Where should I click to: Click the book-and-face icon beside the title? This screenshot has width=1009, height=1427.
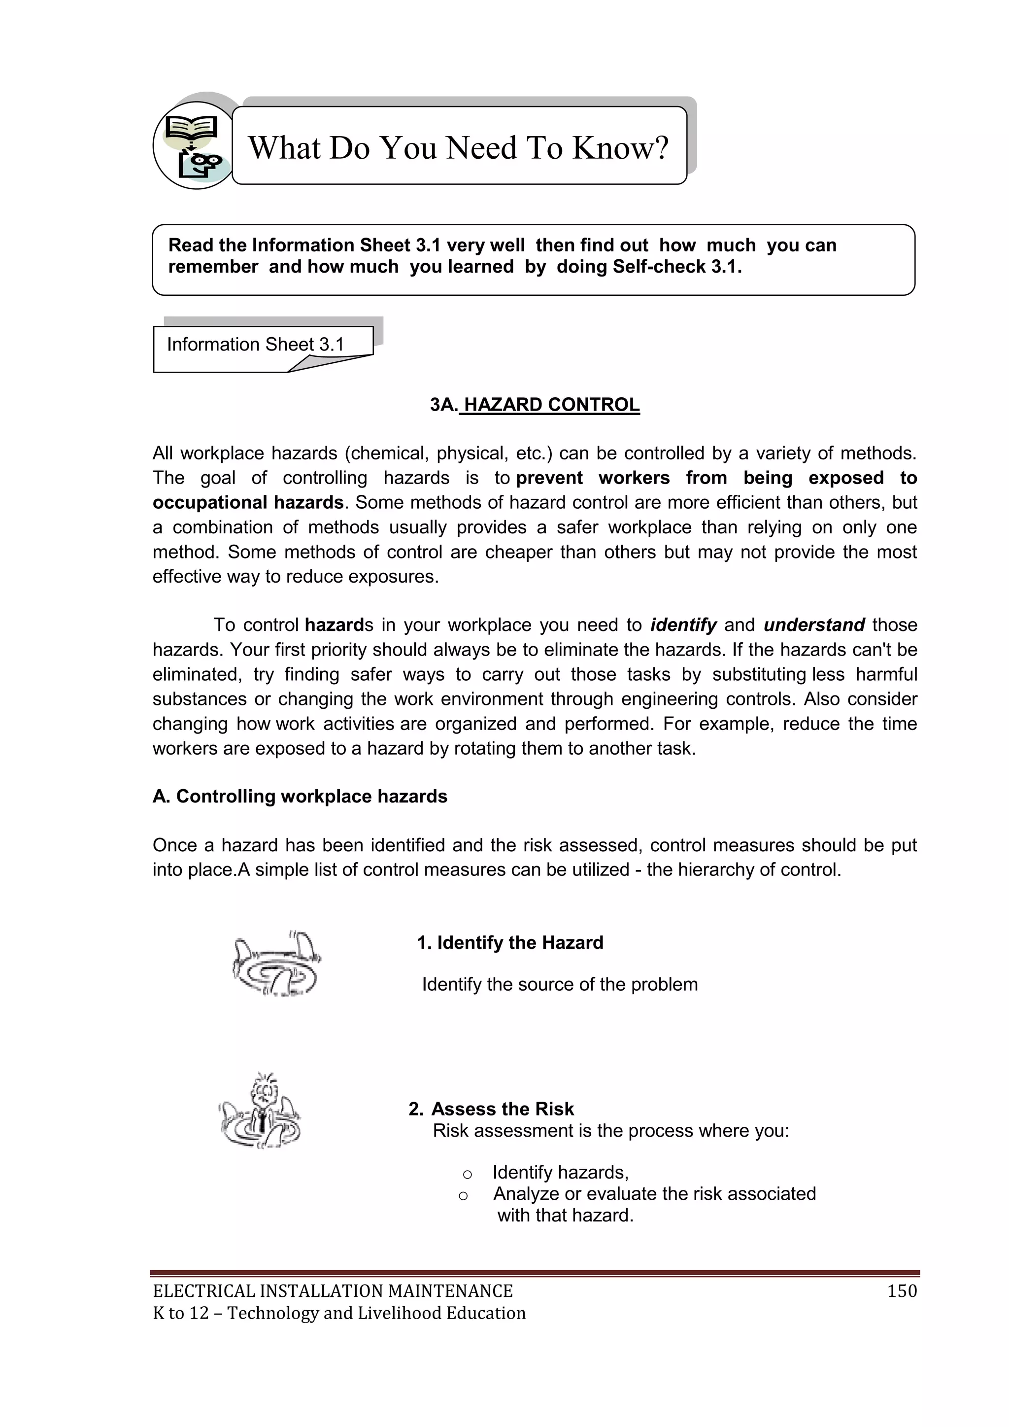tap(193, 145)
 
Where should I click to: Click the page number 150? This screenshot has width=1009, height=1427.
tap(902, 1291)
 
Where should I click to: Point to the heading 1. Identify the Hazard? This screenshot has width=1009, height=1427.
tap(509, 942)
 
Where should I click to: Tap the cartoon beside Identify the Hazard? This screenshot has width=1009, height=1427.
tap(276, 965)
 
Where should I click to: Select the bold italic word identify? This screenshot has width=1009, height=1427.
tap(683, 625)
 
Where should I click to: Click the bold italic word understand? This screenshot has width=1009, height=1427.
tap(814, 625)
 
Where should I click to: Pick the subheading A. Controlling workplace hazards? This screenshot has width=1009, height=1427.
tap(300, 796)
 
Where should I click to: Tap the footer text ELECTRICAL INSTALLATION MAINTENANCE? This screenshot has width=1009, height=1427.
tap(333, 1291)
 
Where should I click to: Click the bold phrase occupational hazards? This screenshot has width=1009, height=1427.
tap(248, 502)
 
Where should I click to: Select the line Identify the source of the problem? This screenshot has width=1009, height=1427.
tap(559, 984)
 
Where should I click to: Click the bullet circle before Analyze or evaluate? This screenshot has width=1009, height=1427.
tap(463, 1195)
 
